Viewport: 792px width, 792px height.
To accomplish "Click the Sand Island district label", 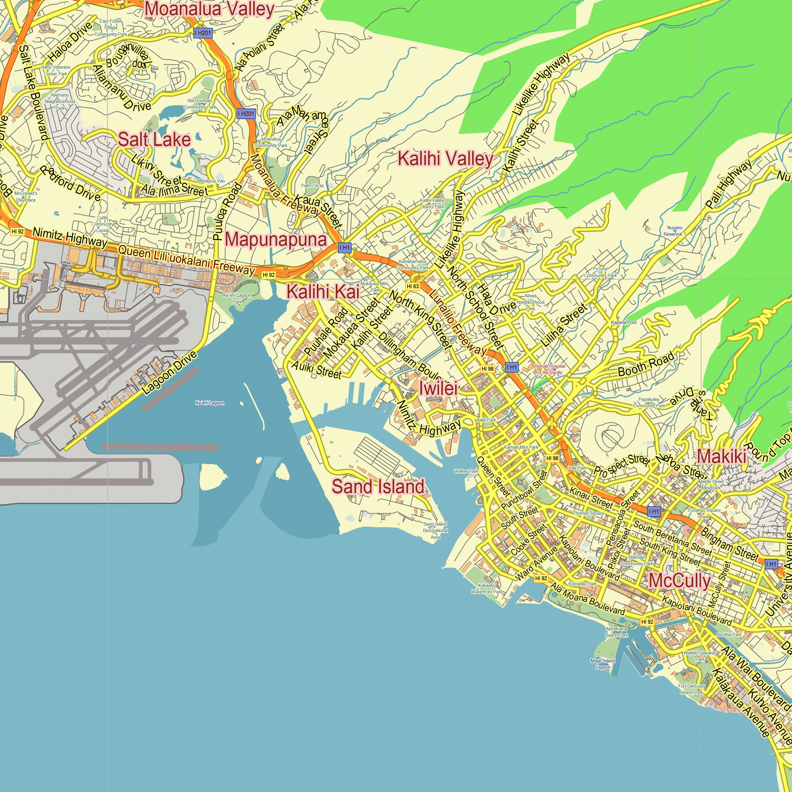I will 378,487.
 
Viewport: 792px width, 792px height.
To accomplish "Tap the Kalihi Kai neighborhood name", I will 323,292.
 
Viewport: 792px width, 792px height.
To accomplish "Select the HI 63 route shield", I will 413,287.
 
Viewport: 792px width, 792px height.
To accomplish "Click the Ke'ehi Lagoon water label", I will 209,403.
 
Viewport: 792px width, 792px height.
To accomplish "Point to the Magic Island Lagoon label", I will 603,664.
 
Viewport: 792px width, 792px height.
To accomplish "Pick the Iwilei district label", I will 438,388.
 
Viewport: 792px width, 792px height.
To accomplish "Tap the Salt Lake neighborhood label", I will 154,140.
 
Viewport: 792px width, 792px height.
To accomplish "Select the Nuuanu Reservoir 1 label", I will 674,231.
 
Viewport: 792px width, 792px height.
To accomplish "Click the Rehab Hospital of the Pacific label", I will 550,369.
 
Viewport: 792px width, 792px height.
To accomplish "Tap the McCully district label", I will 679,581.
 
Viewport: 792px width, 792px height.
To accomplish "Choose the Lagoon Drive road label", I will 170,373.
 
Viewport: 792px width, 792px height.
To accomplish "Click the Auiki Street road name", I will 316,370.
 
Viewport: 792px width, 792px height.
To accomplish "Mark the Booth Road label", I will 645,364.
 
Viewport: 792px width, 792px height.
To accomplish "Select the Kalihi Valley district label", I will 445,159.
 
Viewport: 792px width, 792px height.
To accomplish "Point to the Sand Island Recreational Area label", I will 435,531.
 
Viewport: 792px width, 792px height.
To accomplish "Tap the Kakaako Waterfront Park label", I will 487,589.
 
